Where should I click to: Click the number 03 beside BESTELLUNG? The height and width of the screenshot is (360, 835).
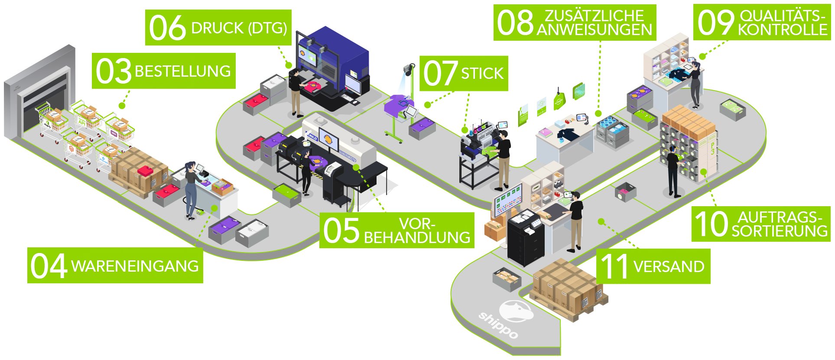[x=114, y=71]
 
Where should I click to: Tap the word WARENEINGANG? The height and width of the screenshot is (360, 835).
[x=135, y=266]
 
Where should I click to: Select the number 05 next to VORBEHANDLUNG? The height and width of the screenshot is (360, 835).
[x=341, y=230]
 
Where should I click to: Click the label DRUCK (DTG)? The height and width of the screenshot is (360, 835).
[x=239, y=29]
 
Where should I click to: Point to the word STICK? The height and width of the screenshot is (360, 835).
[x=482, y=74]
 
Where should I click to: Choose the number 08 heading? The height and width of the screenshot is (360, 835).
[x=515, y=23]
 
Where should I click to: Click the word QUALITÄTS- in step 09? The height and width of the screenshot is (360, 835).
[x=782, y=16]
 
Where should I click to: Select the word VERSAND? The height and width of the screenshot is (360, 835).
[x=669, y=267]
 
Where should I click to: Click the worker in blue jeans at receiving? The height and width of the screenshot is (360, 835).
[x=191, y=191]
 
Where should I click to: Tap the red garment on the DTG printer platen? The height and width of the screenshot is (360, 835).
[x=313, y=87]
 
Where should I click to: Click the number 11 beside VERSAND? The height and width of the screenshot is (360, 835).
[x=614, y=267]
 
